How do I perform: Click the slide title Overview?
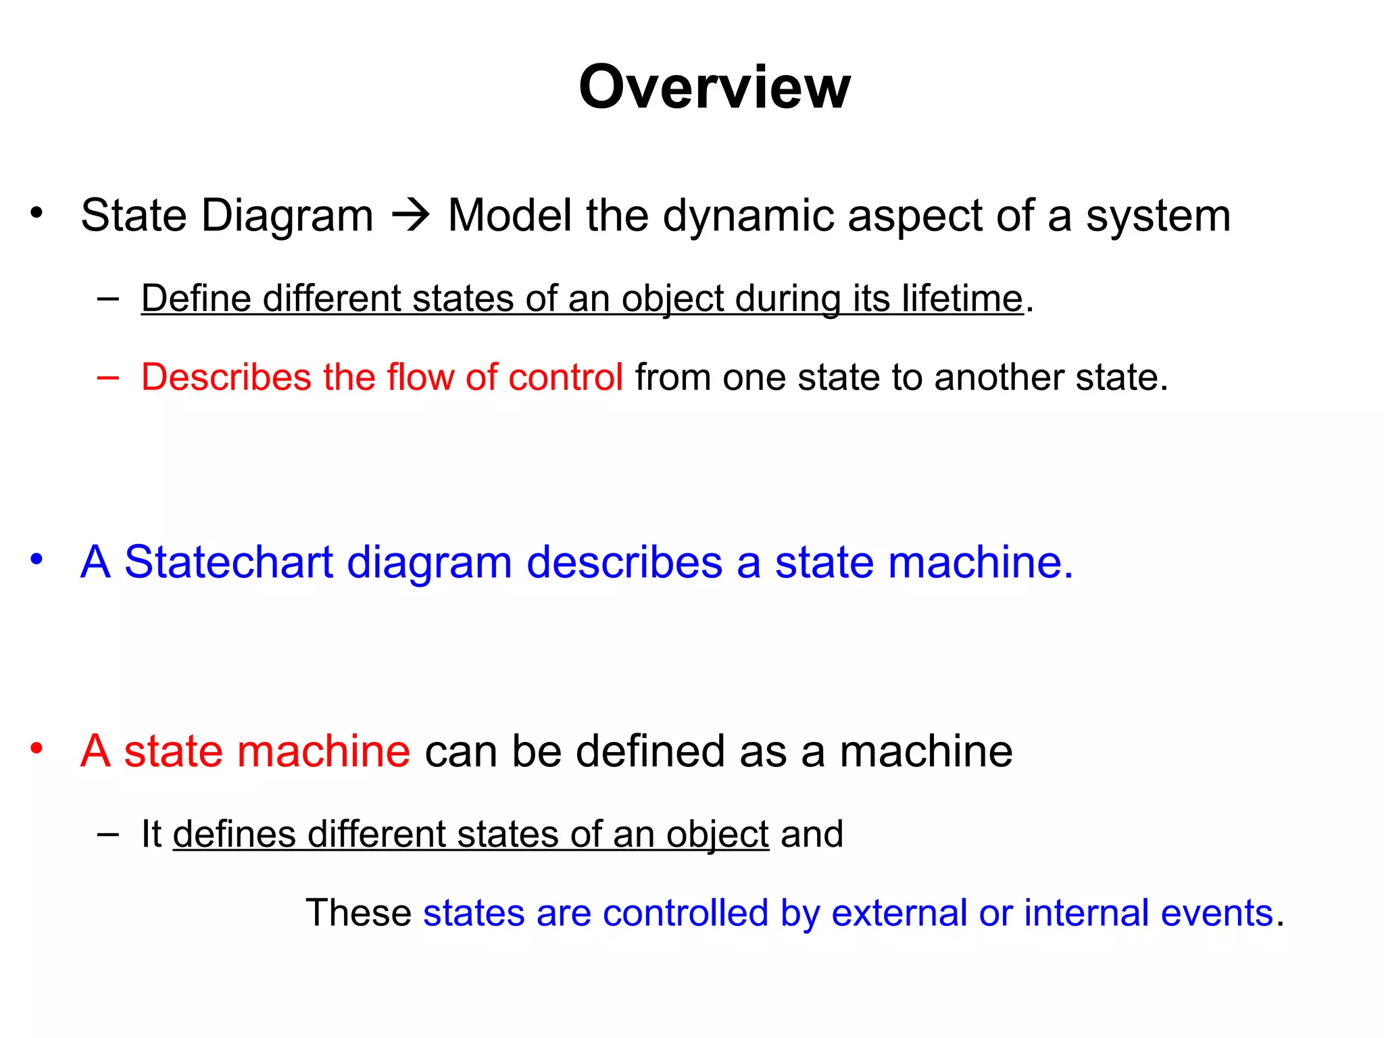tap(714, 87)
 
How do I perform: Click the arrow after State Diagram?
tap(411, 216)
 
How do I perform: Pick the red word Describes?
tap(226, 376)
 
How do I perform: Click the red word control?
tap(565, 376)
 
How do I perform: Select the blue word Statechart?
tap(228, 562)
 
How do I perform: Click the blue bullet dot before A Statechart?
tap(36, 560)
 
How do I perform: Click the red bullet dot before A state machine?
tap(36, 749)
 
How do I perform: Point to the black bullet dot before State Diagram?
tap(36, 214)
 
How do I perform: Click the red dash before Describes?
tap(108, 376)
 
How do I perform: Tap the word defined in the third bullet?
tap(649, 751)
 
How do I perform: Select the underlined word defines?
tap(234, 834)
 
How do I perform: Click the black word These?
tap(358, 913)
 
